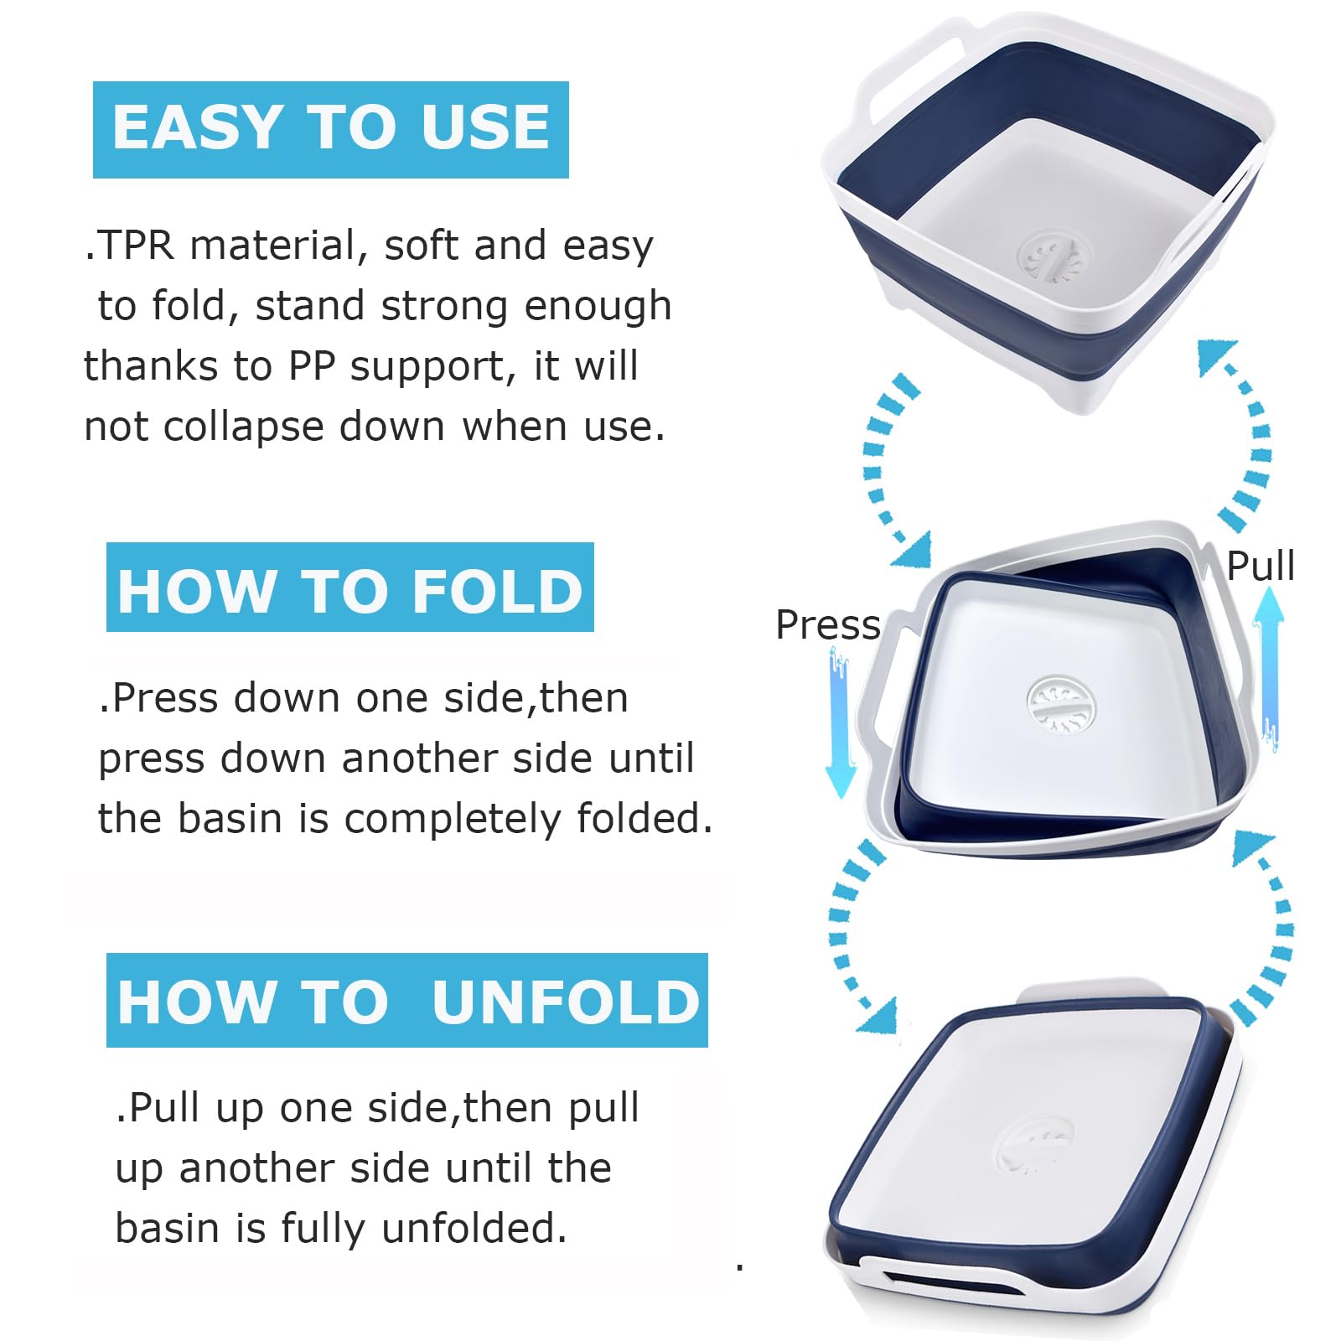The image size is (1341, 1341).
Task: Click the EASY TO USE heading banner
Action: point(330,129)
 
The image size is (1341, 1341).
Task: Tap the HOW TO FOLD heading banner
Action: point(349,588)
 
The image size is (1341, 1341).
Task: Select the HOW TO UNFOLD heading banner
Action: point(407,1000)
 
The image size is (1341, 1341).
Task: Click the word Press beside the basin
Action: point(827,625)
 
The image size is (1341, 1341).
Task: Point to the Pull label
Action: point(1260,567)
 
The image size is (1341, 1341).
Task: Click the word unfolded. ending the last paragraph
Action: point(474,1229)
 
